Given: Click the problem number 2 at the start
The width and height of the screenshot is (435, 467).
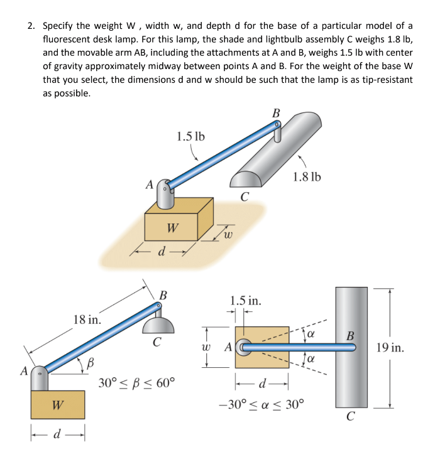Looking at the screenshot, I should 30,26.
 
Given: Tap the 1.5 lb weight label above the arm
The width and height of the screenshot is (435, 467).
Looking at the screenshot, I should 190,136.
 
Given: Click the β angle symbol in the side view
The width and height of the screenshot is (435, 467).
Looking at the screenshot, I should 91,362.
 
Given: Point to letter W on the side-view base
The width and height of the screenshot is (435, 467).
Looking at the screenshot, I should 57,405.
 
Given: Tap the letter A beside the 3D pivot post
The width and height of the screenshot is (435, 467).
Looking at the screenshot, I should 149,185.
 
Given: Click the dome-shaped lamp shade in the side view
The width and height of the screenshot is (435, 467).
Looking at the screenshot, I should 158,325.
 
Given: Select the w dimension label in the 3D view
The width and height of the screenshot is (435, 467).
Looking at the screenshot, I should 228,235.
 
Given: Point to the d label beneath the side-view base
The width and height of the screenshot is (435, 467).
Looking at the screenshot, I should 57,434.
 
